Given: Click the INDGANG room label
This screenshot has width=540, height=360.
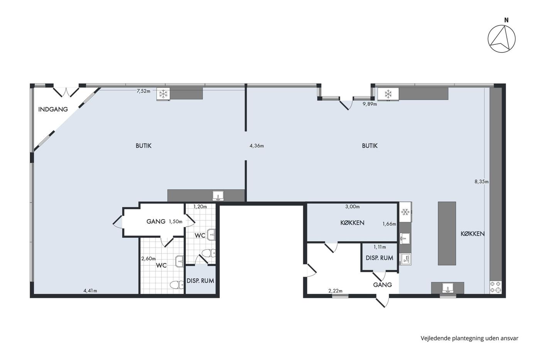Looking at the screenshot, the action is [x=53, y=110].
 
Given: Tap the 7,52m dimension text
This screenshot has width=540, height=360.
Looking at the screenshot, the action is [x=143, y=91].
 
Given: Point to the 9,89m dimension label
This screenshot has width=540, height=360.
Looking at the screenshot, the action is [x=370, y=104].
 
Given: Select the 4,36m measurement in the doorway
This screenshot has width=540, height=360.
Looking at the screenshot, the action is [x=257, y=145].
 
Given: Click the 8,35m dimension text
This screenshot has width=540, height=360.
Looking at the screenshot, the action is [x=482, y=182].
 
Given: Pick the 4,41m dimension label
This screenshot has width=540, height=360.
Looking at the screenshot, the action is [x=90, y=291].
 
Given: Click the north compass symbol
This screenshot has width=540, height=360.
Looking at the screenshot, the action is [x=502, y=39].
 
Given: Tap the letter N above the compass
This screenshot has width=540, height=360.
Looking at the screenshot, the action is [x=506, y=20].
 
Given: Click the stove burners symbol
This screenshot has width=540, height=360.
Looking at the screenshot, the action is [x=496, y=287].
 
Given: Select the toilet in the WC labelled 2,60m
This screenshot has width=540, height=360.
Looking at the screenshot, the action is [x=177, y=285].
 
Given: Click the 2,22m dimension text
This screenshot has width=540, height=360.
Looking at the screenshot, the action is [x=335, y=291].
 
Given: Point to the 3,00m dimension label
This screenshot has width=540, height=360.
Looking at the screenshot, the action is [x=353, y=207].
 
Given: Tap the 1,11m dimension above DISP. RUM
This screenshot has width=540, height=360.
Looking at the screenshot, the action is [x=380, y=247].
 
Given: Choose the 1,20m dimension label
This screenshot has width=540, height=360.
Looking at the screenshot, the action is [x=200, y=207].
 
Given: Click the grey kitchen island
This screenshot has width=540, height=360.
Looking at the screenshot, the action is [x=447, y=233].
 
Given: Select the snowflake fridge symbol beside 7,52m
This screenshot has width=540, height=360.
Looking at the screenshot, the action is [x=163, y=94].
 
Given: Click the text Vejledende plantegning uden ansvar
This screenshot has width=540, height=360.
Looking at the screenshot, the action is [x=469, y=338].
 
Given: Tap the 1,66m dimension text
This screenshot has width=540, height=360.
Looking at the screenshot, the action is [x=389, y=224].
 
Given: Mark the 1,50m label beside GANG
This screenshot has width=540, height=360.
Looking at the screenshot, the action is [x=175, y=221].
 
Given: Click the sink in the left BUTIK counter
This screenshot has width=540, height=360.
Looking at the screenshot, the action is [x=218, y=196].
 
